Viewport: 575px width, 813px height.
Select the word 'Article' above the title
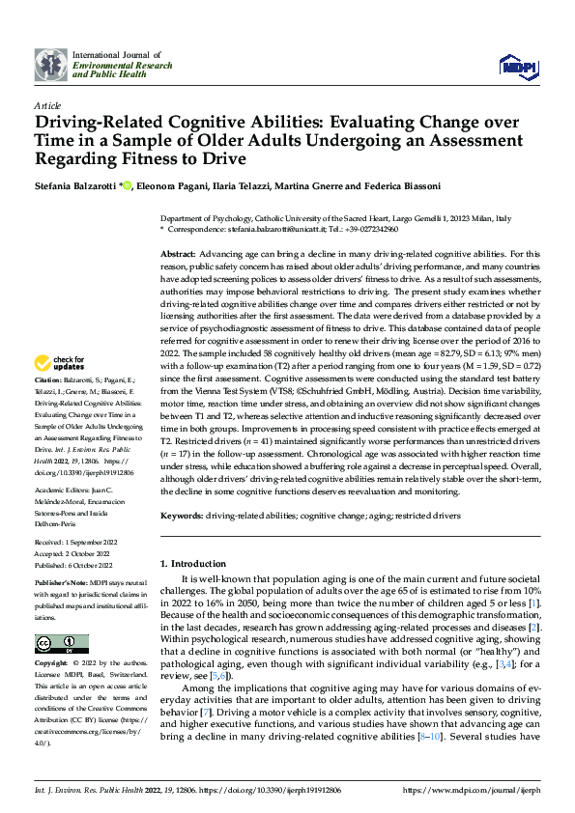(46, 105)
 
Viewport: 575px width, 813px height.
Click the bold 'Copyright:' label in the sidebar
(51, 664)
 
